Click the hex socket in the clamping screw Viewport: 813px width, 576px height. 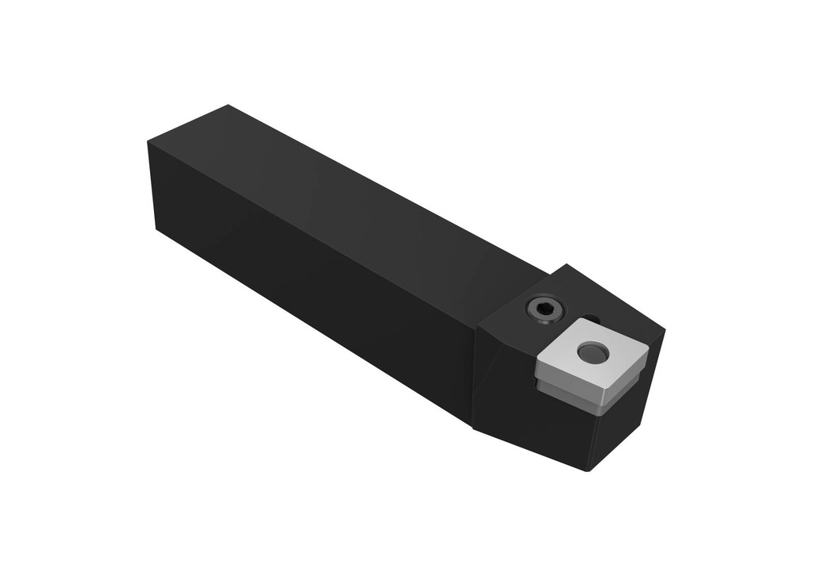[545, 309]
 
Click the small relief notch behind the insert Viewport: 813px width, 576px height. [591, 320]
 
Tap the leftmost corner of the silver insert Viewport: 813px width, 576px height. [537, 363]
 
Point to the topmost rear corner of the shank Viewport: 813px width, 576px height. [228, 106]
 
